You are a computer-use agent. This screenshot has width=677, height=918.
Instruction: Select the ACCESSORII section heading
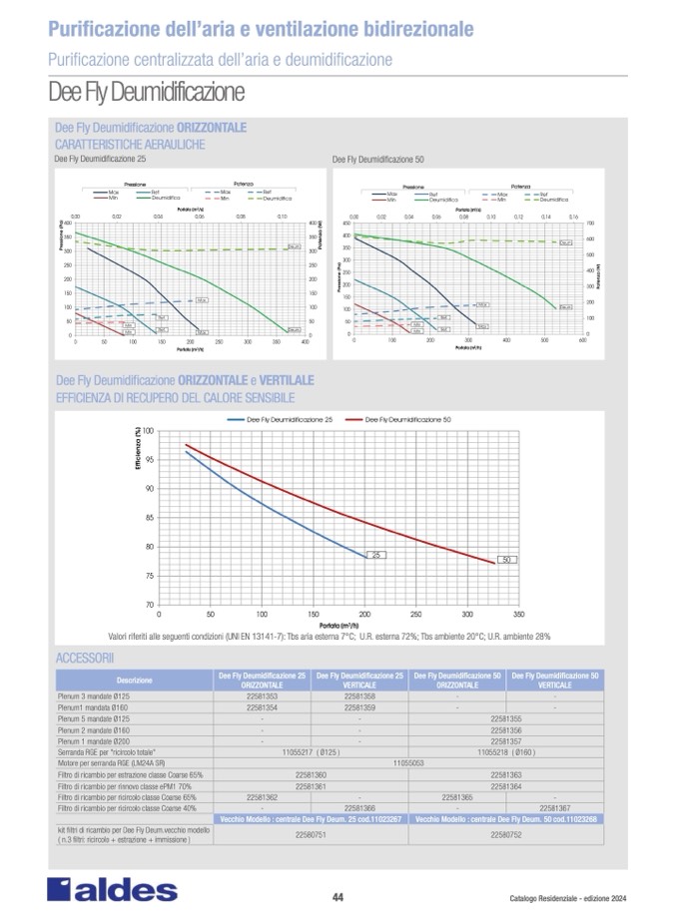(85, 660)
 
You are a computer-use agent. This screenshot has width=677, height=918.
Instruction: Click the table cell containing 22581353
(262, 696)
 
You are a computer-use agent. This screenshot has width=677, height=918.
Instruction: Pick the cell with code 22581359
(359, 706)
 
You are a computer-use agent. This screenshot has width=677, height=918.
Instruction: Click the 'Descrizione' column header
(134, 681)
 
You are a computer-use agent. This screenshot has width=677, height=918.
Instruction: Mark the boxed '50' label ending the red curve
(506, 560)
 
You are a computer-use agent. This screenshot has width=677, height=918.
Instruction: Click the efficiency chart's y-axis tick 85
(148, 517)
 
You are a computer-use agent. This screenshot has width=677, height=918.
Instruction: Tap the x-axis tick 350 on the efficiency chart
(519, 615)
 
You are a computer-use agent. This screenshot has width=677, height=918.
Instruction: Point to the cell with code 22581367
(556, 807)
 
